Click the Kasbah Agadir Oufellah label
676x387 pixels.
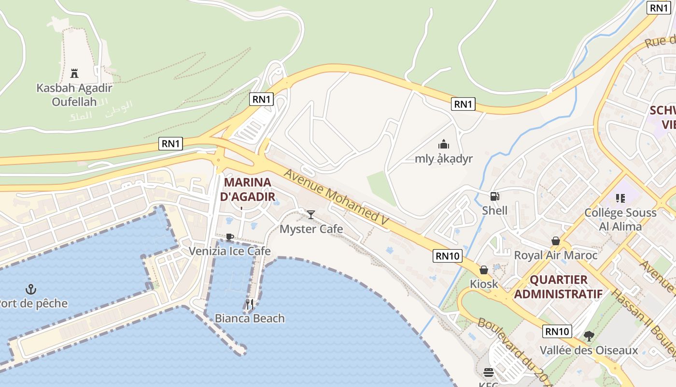(74, 95)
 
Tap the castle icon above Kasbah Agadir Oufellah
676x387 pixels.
(74, 74)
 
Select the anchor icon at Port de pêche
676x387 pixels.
(31, 290)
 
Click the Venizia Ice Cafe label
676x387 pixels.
(229, 251)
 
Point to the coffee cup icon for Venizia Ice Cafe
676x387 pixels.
(230, 237)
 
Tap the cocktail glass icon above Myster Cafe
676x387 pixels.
(311, 214)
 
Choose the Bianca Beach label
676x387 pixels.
(250, 318)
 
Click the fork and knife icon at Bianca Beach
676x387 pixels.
(250, 304)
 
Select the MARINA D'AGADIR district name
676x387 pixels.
(248, 190)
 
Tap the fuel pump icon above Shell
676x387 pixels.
(494, 196)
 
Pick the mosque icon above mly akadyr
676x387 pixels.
(443, 144)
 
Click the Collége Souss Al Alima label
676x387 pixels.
(620, 220)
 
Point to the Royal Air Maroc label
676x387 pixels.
(556, 255)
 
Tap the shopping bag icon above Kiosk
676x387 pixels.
(483, 270)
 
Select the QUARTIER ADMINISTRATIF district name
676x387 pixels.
(558, 286)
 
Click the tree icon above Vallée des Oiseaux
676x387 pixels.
(589, 336)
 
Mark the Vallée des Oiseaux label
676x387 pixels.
(589, 350)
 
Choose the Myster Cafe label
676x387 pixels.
(311, 229)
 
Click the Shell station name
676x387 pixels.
(494, 210)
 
